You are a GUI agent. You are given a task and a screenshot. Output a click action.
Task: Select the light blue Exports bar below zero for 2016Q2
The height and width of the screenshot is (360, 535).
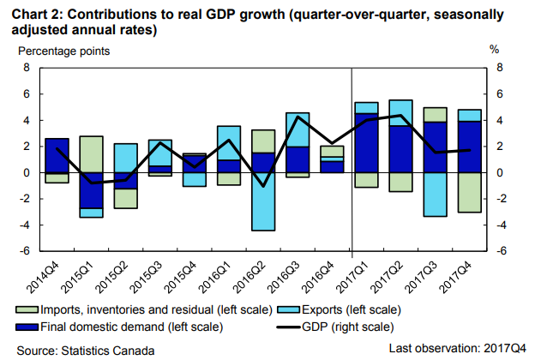point(263,201)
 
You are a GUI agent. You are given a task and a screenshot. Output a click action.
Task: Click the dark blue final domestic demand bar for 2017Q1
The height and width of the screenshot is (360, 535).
point(366,142)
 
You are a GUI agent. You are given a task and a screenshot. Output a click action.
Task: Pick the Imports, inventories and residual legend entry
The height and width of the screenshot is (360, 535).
point(146,309)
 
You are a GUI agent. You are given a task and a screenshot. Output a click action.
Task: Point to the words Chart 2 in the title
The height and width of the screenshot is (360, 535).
point(32,12)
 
